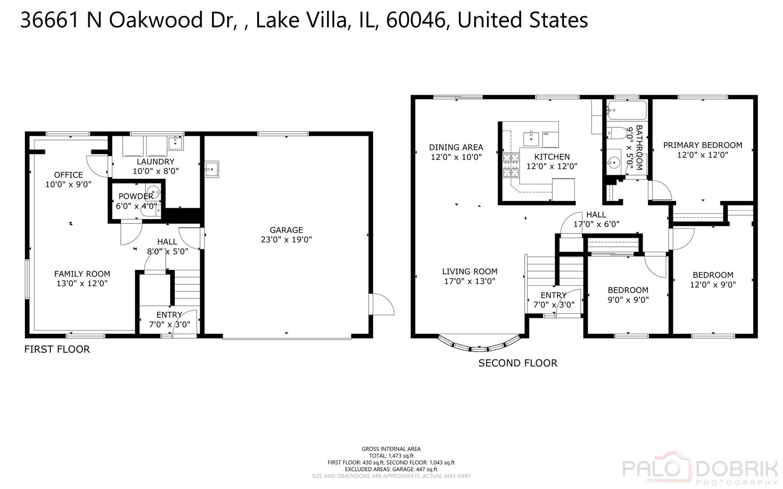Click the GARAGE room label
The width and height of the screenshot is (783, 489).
(x=286, y=230)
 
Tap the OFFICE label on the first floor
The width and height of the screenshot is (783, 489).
(x=68, y=175)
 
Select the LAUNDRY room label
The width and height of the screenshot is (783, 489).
(x=155, y=162)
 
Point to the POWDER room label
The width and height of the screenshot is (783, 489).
(x=136, y=197)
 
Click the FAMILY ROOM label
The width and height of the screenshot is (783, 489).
(x=82, y=274)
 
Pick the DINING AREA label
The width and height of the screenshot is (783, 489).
(x=456, y=147)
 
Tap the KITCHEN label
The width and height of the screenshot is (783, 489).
(x=552, y=157)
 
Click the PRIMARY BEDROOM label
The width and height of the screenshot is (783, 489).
(x=703, y=145)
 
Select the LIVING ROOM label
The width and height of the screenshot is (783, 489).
(x=470, y=272)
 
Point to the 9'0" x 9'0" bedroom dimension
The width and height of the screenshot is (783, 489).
(x=628, y=300)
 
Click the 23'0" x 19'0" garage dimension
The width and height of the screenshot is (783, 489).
(x=286, y=240)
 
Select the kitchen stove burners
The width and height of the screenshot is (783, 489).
(x=511, y=165)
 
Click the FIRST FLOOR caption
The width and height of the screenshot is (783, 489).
(x=57, y=350)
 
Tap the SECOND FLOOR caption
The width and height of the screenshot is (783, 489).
(x=518, y=363)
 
